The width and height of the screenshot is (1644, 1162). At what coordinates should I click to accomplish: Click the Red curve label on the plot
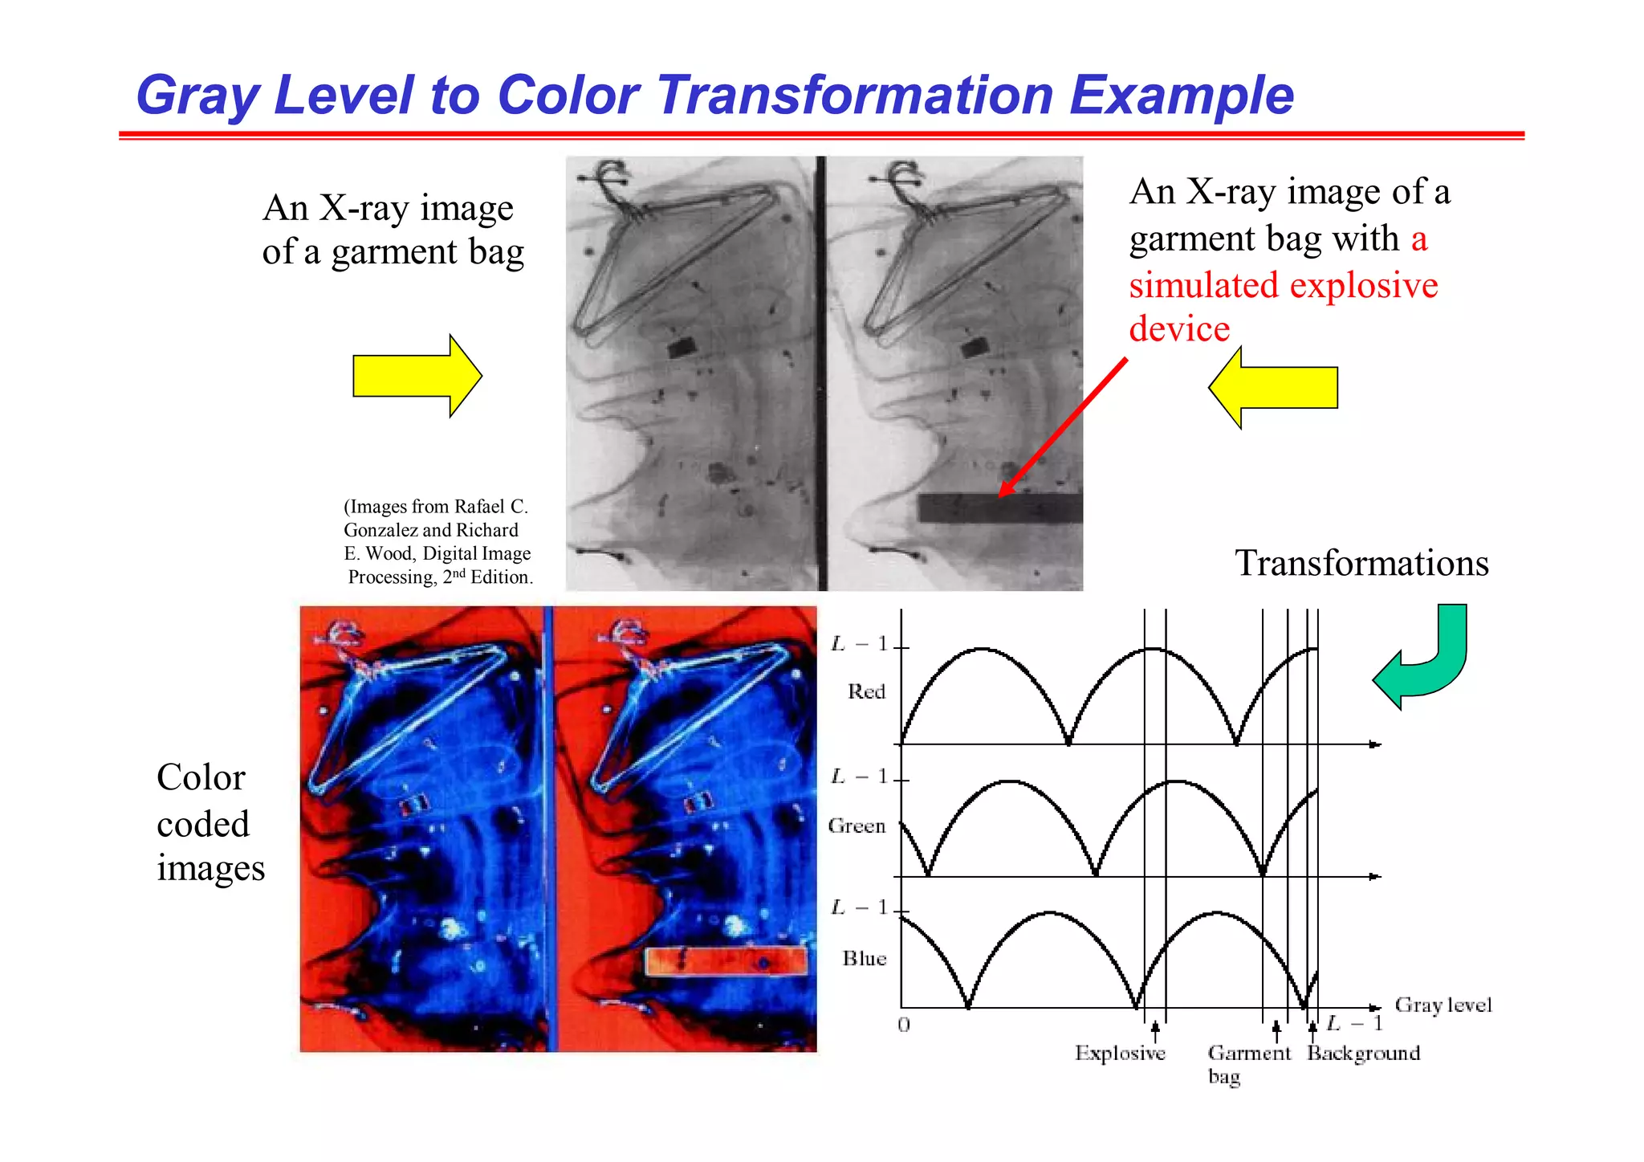pyautogui.click(x=866, y=691)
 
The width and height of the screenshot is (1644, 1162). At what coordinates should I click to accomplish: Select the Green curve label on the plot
pyautogui.click(x=857, y=826)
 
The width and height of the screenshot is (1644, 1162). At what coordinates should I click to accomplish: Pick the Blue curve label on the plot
pyautogui.click(x=864, y=958)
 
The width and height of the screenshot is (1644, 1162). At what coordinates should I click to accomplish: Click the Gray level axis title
pyautogui.click(x=1443, y=1005)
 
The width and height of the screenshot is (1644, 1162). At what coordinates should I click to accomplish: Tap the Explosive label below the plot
pyautogui.click(x=1120, y=1053)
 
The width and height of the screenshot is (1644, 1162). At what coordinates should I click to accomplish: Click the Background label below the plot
pyautogui.click(x=1363, y=1053)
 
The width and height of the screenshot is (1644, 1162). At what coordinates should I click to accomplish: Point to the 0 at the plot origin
pyautogui.click(x=904, y=1025)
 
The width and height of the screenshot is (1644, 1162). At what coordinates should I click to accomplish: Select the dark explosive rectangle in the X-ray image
pyautogui.click(x=999, y=508)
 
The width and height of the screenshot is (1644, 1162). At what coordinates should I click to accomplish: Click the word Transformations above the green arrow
pyautogui.click(x=1361, y=563)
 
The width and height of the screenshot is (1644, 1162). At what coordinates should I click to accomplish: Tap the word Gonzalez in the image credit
pyautogui.click(x=380, y=530)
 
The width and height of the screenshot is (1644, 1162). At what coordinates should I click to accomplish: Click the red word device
pyautogui.click(x=1178, y=329)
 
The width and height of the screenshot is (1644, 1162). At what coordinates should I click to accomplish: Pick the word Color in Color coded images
pyautogui.click(x=201, y=777)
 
